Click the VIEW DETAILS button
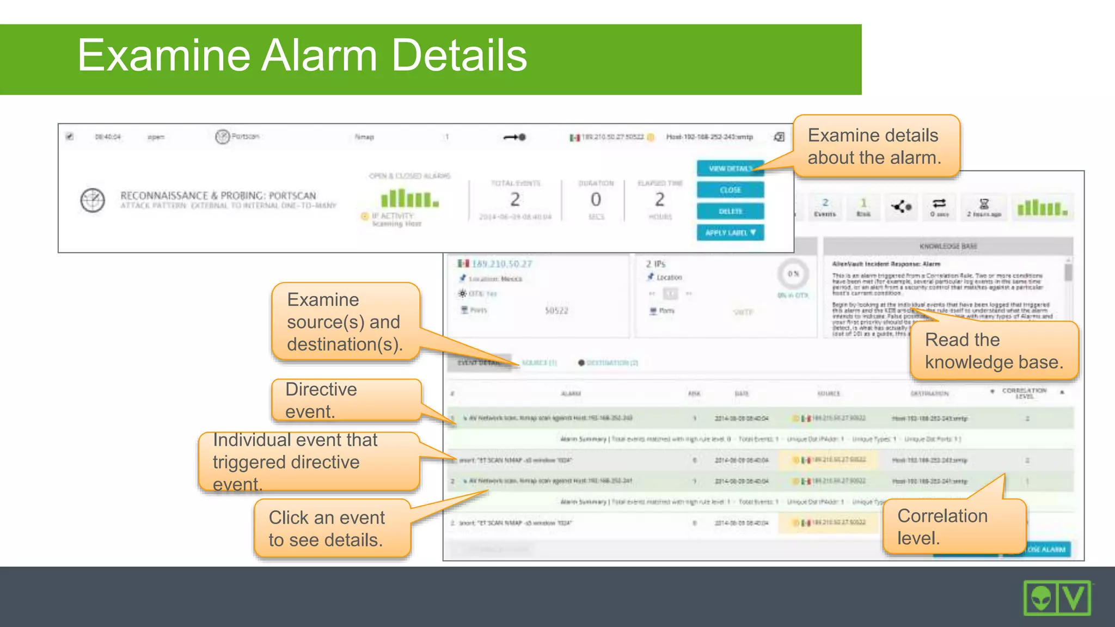click(x=730, y=169)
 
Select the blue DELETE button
click(x=730, y=211)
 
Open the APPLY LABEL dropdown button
click(x=730, y=232)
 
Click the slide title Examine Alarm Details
click(x=302, y=56)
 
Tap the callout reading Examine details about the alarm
click(x=875, y=146)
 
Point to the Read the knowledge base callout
click(x=993, y=351)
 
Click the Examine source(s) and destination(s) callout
click(x=345, y=322)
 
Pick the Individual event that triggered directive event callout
click(x=308, y=462)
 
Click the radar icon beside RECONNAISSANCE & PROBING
click(x=93, y=200)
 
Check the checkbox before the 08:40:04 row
click(x=70, y=137)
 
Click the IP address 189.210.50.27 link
click(x=501, y=264)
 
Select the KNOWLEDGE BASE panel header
click(x=948, y=246)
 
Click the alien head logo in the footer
click(x=1040, y=599)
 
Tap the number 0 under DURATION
click(x=596, y=200)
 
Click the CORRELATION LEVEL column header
click(x=1024, y=393)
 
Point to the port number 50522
click(x=556, y=311)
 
